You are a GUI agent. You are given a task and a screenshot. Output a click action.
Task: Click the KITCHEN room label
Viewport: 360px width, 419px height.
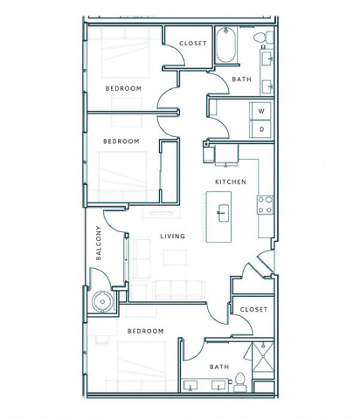point(231,182)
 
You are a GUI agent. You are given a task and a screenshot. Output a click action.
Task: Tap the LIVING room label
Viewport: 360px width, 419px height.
point(173,236)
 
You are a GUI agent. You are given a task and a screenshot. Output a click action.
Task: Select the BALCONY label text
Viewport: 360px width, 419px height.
point(99,243)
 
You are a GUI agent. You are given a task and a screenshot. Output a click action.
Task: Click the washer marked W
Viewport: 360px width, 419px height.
point(261,111)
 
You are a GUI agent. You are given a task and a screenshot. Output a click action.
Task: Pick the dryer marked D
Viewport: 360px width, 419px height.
point(261,129)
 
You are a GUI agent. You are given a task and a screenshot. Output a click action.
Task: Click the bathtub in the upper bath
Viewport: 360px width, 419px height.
point(225,45)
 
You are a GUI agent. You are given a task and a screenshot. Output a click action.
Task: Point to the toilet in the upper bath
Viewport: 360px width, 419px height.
point(264,38)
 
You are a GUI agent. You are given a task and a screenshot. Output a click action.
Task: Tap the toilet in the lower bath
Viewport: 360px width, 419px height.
point(240,382)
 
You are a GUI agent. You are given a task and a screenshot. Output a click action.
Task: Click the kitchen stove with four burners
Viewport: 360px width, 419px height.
point(265,205)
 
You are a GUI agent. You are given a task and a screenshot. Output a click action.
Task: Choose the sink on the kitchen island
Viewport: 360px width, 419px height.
point(223,213)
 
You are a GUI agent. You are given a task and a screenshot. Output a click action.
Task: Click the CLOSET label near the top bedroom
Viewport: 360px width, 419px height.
point(193,44)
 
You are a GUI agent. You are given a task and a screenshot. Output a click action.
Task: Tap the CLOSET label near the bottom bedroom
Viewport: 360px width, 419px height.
point(253,309)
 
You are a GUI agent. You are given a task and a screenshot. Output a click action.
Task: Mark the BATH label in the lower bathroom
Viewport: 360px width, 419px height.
point(219,367)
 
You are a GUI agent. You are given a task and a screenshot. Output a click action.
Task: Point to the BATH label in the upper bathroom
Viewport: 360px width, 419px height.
point(242,79)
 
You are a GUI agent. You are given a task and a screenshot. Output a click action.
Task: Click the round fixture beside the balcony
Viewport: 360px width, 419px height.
point(102,302)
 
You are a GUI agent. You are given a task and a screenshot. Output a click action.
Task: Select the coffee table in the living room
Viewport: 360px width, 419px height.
point(175,258)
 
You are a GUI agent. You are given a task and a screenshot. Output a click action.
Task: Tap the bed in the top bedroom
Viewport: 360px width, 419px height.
point(125,53)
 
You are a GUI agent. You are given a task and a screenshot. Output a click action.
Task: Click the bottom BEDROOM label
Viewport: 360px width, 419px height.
point(145,331)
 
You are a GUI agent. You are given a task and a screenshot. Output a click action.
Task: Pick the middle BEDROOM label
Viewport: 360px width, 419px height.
point(121,141)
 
